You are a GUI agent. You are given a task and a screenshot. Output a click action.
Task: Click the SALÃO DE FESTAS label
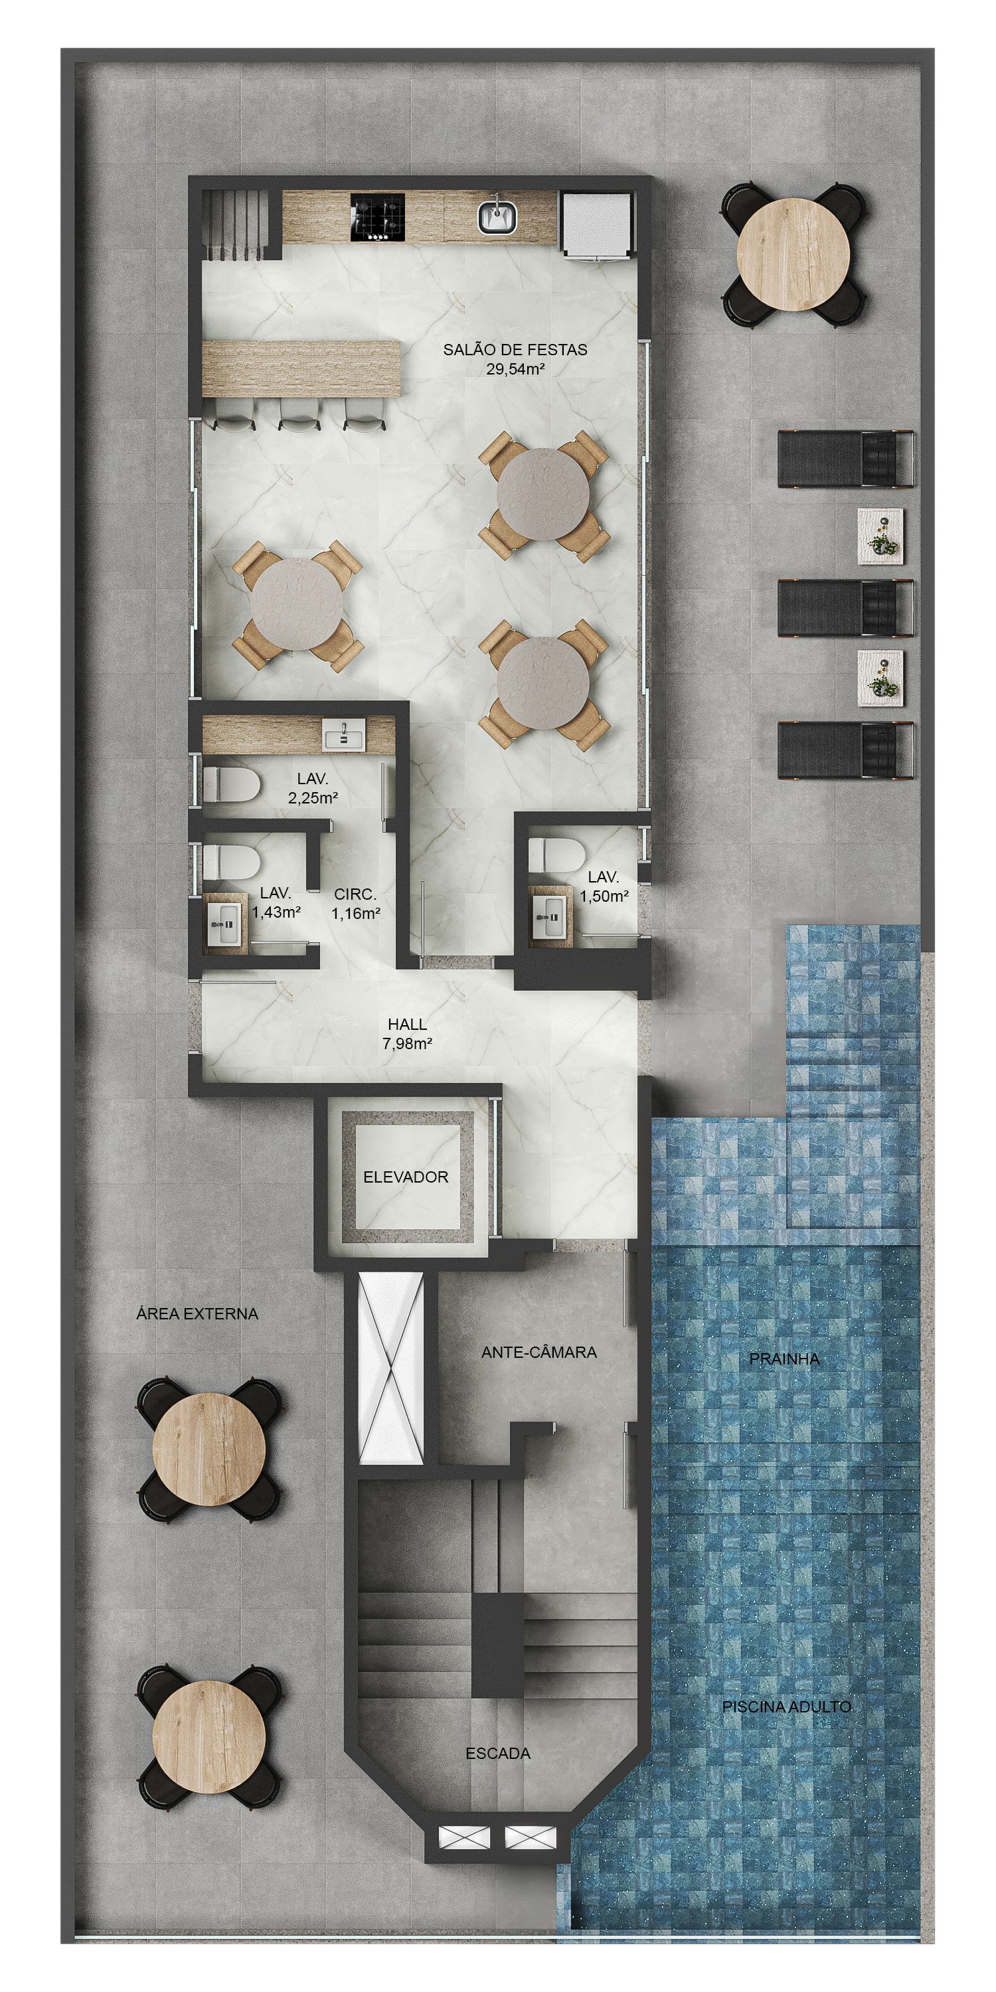click(x=515, y=349)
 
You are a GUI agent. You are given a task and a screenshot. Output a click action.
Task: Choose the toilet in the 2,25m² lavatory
click(x=230, y=785)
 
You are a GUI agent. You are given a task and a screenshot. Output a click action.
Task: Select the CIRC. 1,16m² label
click(x=356, y=904)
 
